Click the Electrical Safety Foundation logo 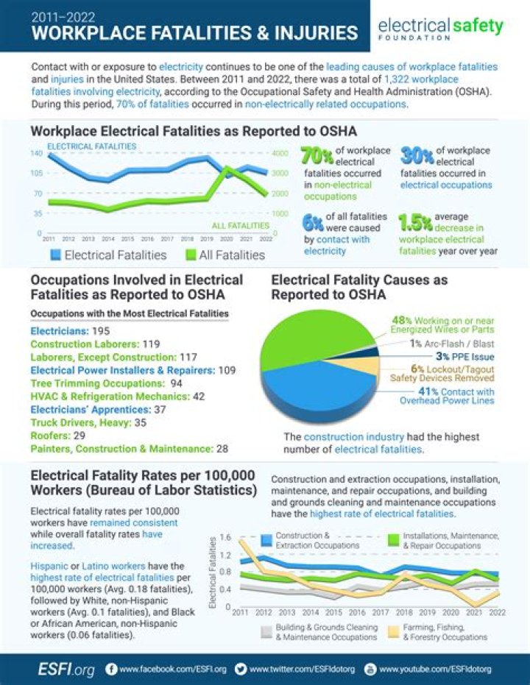[440, 27]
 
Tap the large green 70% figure [317, 156]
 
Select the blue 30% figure [417, 156]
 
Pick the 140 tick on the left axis [36, 153]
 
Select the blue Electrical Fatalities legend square [55, 255]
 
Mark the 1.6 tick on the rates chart [225, 537]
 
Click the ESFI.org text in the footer [66, 670]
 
